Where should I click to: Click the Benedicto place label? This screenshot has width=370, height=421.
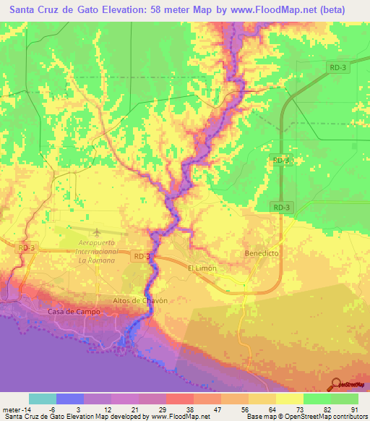261,254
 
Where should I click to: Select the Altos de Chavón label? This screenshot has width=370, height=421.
140,300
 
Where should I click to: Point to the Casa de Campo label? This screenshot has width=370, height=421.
73,311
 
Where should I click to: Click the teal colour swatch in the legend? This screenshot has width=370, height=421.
43,399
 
